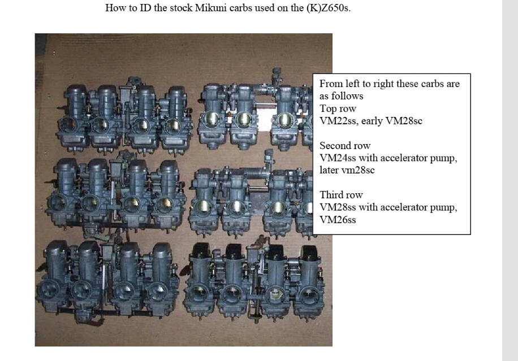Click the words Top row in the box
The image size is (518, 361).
coord(338,108)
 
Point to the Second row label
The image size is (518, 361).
coord(345,146)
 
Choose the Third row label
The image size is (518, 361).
coord(341,195)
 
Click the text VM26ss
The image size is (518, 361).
coord(338,219)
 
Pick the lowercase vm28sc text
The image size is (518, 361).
coord(360,170)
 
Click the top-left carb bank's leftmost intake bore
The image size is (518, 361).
coord(68,125)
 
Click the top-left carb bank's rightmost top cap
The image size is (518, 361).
coord(176,93)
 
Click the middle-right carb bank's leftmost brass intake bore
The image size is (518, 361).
coord(202,207)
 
